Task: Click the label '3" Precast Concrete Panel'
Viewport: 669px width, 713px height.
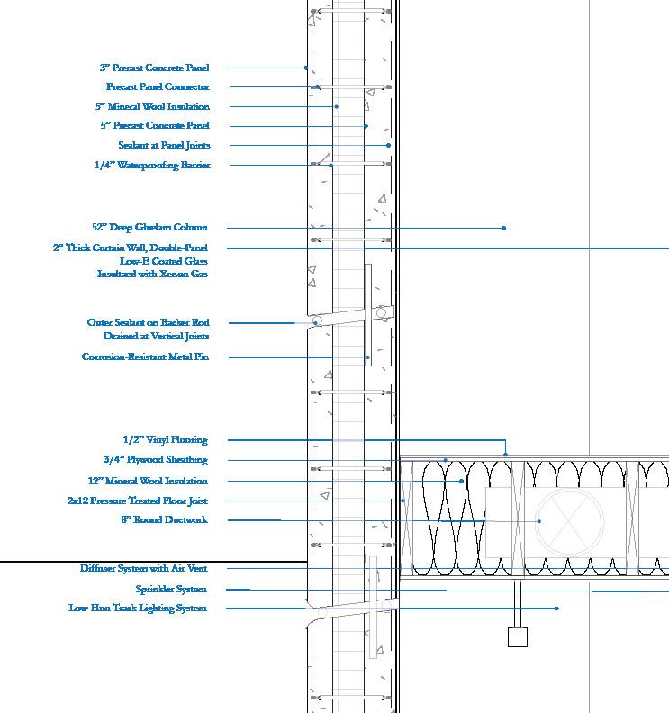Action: pyautogui.click(x=154, y=68)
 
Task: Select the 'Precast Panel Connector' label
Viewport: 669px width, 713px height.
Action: pyautogui.click(x=158, y=87)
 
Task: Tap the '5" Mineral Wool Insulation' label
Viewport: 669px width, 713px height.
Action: pyautogui.click(x=152, y=106)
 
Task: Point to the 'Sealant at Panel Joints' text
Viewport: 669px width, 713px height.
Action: pyautogui.click(x=164, y=145)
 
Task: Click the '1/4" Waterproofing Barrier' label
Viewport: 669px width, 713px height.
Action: pyautogui.click(x=152, y=165)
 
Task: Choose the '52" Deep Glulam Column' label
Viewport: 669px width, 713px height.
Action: pyautogui.click(x=149, y=228)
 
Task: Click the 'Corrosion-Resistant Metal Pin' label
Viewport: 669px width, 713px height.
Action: pyautogui.click(x=144, y=357)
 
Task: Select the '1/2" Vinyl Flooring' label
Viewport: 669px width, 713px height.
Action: pyautogui.click(x=165, y=440)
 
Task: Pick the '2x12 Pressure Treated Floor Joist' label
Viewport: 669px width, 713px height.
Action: pyautogui.click(x=138, y=501)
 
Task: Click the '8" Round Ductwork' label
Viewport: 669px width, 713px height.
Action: pyautogui.click(x=164, y=519)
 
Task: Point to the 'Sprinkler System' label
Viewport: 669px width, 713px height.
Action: pyautogui.click(x=171, y=590)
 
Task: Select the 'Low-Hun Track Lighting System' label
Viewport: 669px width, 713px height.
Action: pyautogui.click(x=138, y=609)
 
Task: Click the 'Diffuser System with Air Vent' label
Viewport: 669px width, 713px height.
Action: pyautogui.click(x=143, y=569)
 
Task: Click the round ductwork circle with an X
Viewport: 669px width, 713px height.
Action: pyautogui.click(x=570, y=521)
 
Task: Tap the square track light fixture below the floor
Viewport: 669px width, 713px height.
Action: pyautogui.click(x=517, y=637)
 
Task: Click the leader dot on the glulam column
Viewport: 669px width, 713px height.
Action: pyautogui.click(x=503, y=228)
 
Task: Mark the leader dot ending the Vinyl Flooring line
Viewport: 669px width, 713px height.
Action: pyautogui.click(x=505, y=455)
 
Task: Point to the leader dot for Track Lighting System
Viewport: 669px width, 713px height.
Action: pyautogui.click(x=556, y=609)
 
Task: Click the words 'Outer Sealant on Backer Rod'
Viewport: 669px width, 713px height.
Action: pyautogui.click(x=149, y=322)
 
